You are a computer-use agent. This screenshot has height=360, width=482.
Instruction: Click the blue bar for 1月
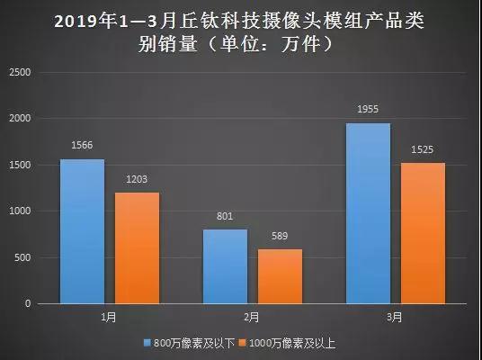82,231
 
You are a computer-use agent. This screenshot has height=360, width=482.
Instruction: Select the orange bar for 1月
137,248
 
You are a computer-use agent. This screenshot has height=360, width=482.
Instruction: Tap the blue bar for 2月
225,266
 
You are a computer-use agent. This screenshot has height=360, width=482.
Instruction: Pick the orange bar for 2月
281,276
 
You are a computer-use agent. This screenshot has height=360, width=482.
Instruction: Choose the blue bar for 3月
368,213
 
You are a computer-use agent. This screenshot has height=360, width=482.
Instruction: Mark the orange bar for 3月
423,233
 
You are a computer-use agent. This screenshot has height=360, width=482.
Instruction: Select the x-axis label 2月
252,318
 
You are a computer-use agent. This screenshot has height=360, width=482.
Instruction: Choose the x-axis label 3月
395,318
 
